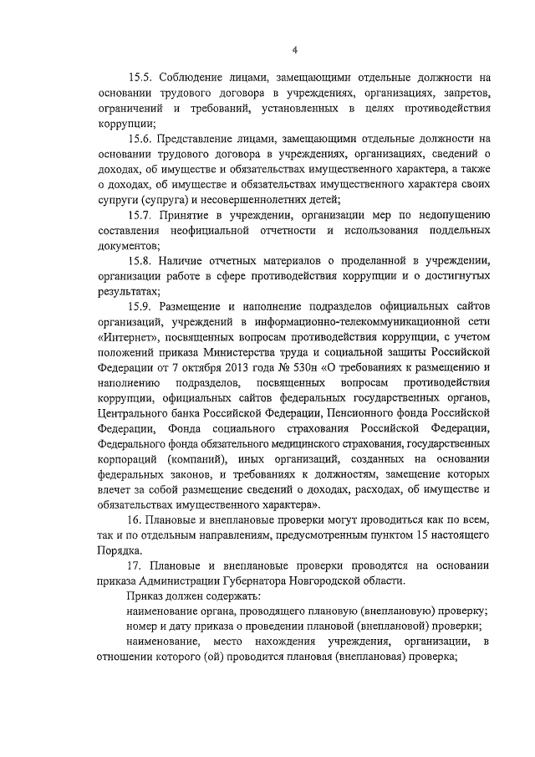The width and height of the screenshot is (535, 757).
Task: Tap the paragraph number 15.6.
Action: pyautogui.click(x=142, y=138)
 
